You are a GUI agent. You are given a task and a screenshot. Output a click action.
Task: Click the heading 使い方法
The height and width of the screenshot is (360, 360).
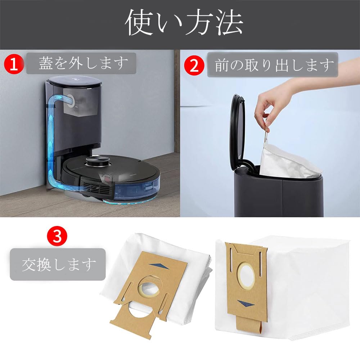click(x=184, y=23)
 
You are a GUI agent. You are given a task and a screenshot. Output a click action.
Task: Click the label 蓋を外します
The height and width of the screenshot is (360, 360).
click(x=81, y=63)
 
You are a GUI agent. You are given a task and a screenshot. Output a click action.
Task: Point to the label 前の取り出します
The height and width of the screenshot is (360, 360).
click(x=273, y=65)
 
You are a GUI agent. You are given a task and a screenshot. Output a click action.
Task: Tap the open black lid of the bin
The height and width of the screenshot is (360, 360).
click(x=238, y=130)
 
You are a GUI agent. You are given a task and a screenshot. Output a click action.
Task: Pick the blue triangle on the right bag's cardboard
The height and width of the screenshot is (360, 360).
click(x=247, y=303)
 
